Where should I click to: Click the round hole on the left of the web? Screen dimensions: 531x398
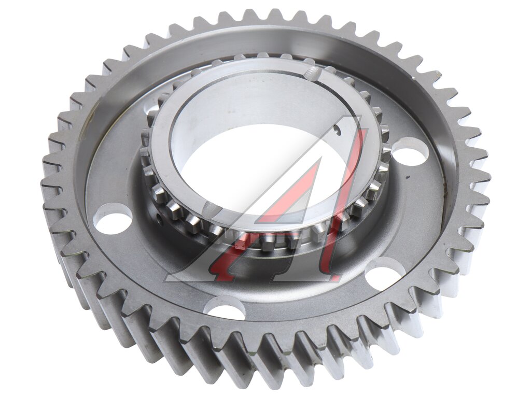(x=113, y=217)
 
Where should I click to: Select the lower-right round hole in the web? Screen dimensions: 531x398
(x=386, y=271)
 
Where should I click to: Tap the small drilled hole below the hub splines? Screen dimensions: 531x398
(x=159, y=217)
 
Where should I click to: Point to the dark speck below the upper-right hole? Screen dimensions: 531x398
(x=409, y=176)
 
